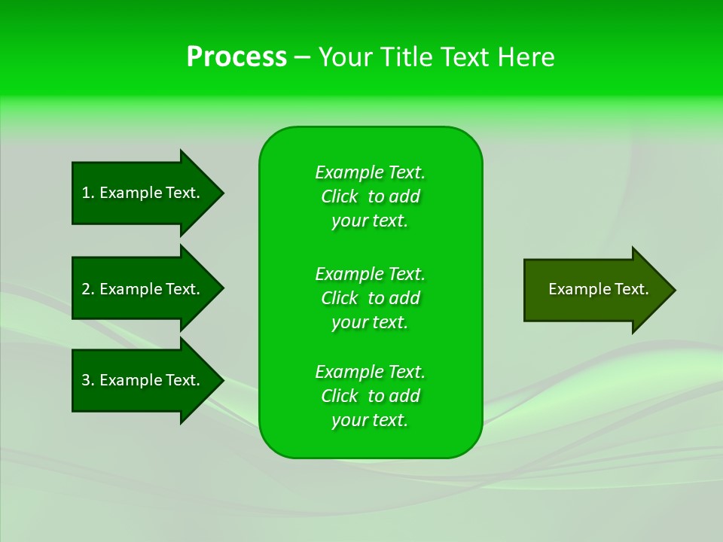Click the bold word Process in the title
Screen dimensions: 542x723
(236, 57)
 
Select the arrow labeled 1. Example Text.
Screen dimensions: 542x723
(143, 193)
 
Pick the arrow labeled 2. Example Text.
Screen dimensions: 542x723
(143, 289)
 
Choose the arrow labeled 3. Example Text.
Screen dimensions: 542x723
(143, 380)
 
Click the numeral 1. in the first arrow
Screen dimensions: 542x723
(88, 193)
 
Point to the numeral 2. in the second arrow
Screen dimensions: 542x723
(88, 289)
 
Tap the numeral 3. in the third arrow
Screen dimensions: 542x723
(88, 380)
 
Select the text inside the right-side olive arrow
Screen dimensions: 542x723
(598, 289)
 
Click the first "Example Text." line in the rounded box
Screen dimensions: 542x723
(370, 172)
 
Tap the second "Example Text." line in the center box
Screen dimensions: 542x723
(370, 273)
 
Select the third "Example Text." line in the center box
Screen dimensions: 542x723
(370, 372)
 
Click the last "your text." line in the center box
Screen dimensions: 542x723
(370, 420)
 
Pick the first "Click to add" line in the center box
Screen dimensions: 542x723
(370, 196)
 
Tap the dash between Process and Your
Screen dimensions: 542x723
(302, 57)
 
